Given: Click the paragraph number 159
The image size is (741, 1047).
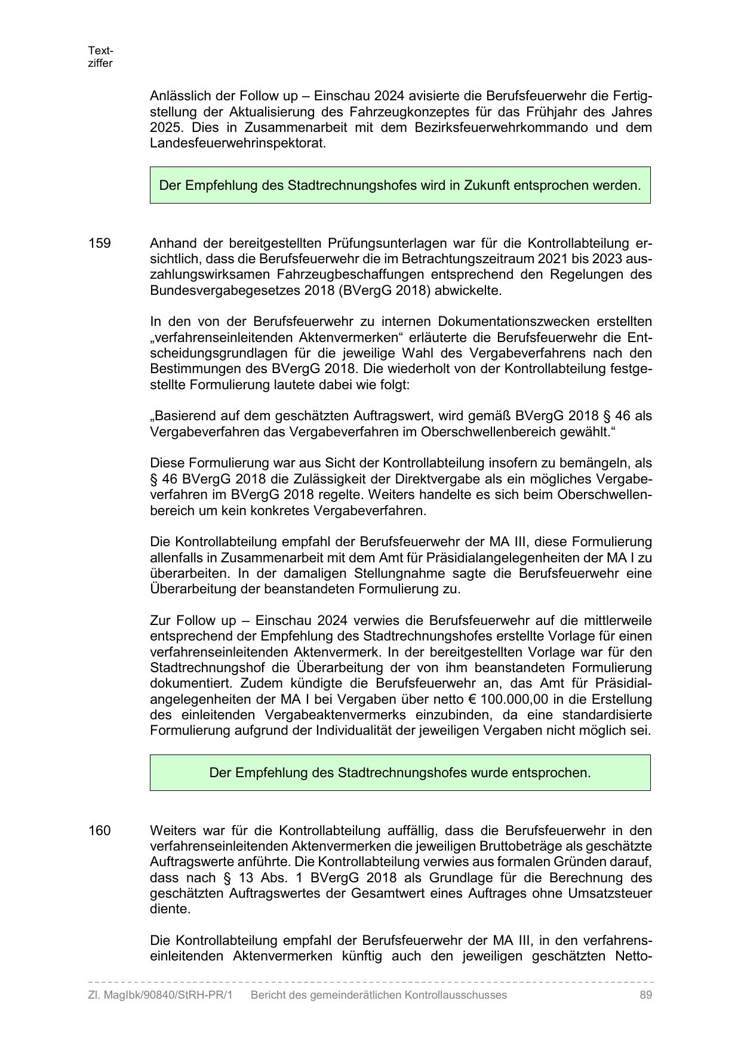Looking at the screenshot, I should click(x=99, y=244).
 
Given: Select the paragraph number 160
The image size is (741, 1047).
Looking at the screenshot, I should click(x=99, y=831).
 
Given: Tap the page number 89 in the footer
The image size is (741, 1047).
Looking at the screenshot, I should click(x=645, y=995).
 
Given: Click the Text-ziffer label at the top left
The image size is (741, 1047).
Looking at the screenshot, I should click(x=100, y=57).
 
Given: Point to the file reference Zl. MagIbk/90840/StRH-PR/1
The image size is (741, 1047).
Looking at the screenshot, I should click(x=160, y=995).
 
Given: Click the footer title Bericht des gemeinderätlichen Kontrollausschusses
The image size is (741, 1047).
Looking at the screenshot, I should click(x=379, y=995).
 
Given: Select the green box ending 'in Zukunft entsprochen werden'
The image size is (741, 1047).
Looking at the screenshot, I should click(x=399, y=185).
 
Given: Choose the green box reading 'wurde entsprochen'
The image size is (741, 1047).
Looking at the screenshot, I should click(x=399, y=772).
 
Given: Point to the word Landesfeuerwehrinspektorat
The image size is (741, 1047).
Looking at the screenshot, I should click(x=238, y=143).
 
